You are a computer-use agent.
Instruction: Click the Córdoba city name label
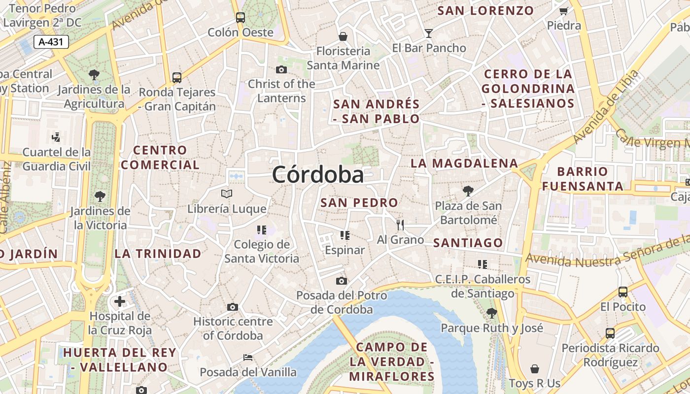coord(318,175)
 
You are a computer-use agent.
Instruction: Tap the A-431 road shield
coord(51,42)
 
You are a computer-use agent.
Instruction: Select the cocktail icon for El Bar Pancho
coord(429,33)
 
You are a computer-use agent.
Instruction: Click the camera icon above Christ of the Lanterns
coord(281,69)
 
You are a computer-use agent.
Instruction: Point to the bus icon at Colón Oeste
coord(240,18)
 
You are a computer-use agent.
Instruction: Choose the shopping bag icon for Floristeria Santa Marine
coord(343,36)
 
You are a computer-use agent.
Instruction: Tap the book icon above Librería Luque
coord(226,194)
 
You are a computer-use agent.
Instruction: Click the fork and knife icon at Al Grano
coord(400,225)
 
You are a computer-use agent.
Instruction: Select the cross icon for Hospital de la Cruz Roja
coord(120,301)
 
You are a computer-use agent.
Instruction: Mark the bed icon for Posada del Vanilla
coord(248,357)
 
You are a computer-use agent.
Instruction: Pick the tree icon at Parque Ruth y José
coord(491,312)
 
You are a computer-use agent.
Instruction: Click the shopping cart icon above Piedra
coord(563,11)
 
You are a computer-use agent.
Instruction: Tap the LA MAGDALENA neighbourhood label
coord(464,163)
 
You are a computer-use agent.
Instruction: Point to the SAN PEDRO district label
coord(359,202)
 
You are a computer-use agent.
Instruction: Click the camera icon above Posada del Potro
coord(341,281)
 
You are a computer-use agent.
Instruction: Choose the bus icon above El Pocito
coord(622,292)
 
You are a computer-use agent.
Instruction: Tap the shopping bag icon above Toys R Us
coord(534,368)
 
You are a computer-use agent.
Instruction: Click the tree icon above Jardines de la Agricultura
coord(94,75)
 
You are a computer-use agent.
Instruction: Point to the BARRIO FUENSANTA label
coord(589,179)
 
